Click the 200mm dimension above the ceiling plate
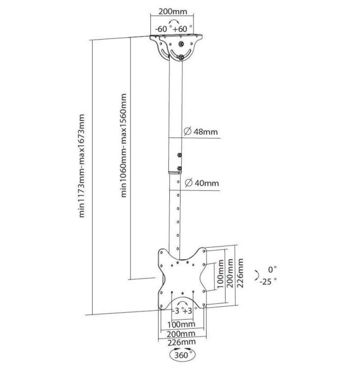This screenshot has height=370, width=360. (172, 11)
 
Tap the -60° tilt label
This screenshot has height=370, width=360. (162, 29)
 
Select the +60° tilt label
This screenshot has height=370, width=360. (182, 29)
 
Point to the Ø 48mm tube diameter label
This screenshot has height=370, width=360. (201, 131)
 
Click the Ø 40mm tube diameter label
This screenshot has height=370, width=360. (202, 183)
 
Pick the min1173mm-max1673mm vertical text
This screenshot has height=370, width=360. (81, 165)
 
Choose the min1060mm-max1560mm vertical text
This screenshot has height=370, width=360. (124, 145)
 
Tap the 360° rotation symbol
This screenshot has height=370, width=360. (182, 355)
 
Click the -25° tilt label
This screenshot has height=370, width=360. (268, 281)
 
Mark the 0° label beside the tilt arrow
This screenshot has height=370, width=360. (272, 269)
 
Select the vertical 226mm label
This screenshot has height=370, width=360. (240, 273)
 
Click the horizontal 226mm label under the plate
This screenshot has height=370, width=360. (181, 342)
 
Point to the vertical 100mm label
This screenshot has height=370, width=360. (220, 274)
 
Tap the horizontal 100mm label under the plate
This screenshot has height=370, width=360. (181, 325)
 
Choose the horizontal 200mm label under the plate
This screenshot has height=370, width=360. (181, 334)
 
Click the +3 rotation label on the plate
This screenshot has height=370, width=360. (187, 311)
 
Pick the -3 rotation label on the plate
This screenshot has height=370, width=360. (177, 311)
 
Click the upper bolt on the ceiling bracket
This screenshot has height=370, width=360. (181, 44)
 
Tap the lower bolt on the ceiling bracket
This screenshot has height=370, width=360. (181, 57)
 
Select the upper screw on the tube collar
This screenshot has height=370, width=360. (179, 155)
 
